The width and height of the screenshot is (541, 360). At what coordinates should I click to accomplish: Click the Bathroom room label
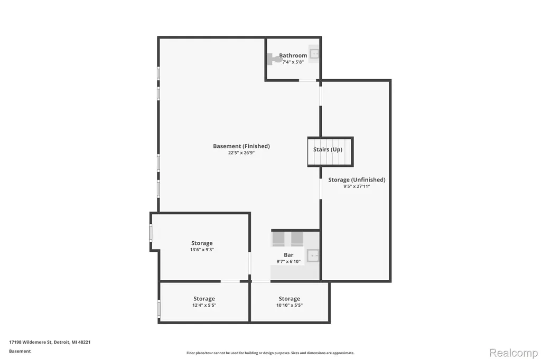pyautogui.click(x=293, y=55)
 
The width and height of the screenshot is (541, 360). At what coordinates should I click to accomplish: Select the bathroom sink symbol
pyautogui.click(x=314, y=54)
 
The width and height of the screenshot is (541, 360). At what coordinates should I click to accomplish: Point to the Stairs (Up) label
pyautogui.click(x=328, y=149)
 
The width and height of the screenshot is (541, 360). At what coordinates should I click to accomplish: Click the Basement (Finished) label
pyautogui.click(x=241, y=146)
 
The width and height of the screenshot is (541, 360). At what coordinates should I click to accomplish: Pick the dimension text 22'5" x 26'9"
pyautogui.click(x=241, y=153)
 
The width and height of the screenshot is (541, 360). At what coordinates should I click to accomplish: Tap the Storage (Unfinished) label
pyautogui.click(x=357, y=179)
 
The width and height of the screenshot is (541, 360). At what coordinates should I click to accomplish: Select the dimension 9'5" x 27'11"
pyautogui.click(x=357, y=186)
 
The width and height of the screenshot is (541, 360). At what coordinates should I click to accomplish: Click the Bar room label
pyautogui.click(x=288, y=255)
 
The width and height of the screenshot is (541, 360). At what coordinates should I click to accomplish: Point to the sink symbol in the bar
pyautogui.click(x=313, y=255)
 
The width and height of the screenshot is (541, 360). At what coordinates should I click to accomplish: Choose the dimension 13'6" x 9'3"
pyautogui.click(x=202, y=250)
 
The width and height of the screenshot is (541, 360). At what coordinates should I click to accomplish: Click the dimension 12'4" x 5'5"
pyautogui.click(x=204, y=305)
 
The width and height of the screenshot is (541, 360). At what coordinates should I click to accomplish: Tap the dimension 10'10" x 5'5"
pyautogui.click(x=290, y=305)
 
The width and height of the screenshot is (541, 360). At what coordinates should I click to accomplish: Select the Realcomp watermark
pyautogui.click(x=514, y=353)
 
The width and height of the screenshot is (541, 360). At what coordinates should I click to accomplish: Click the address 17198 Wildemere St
pyautogui.click(x=30, y=342)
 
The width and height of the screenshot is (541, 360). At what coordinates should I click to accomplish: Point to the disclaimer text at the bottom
pyautogui.click(x=270, y=353)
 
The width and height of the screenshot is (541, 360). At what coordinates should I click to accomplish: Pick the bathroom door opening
pyautogui.click(x=307, y=80)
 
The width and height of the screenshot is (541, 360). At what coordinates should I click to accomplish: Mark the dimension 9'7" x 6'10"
pyautogui.click(x=288, y=261)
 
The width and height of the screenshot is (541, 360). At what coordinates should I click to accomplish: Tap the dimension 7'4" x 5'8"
pyautogui.click(x=293, y=62)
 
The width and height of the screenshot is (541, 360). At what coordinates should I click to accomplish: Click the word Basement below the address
pyautogui.click(x=20, y=351)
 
